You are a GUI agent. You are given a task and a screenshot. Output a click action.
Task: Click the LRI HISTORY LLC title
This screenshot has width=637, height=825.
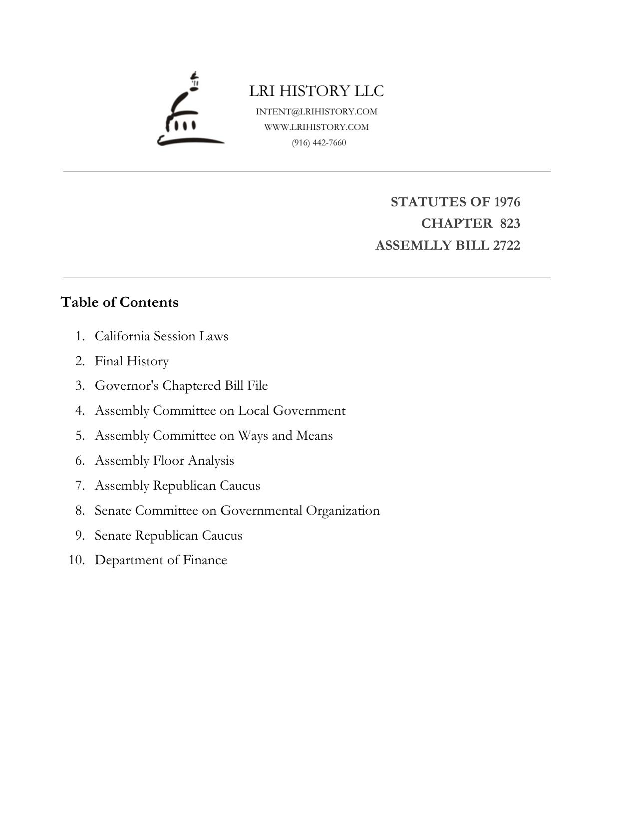click(317, 91)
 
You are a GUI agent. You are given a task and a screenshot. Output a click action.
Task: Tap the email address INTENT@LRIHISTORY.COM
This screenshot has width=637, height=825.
click(317, 111)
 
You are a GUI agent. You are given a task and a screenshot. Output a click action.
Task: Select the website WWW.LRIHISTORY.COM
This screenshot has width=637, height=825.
click(317, 127)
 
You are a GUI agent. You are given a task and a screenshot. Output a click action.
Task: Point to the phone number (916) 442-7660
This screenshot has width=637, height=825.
click(319, 142)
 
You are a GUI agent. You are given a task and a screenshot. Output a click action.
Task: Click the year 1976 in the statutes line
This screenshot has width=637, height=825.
click(507, 202)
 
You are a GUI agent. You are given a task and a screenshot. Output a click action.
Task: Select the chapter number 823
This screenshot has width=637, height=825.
click(510, 223)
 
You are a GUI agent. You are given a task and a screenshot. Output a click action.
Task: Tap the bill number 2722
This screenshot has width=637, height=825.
click(506, 245)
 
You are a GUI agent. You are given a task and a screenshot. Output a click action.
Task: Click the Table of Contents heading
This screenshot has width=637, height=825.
click(120, 302)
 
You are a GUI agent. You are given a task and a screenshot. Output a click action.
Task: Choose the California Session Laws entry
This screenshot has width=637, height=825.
click(161, 336)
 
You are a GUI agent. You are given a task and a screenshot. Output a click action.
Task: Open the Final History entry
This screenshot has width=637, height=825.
click(132, 361)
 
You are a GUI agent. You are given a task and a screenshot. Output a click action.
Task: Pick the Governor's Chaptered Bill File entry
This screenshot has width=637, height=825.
click(181, 386)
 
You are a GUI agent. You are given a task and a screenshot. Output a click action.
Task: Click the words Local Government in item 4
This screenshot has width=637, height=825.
click(292, 411)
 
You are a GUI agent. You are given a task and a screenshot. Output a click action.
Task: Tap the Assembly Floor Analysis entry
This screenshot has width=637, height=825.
click(164, 460)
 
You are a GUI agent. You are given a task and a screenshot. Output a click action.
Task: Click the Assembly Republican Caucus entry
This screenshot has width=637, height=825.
click(177, 485)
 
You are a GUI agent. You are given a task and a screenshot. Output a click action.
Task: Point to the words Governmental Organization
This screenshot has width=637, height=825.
click(300, 510)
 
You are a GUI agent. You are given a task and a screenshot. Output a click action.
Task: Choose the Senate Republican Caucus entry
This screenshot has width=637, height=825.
click(168, 535)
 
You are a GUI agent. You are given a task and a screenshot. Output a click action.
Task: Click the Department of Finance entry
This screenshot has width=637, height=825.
click(161, 560)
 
